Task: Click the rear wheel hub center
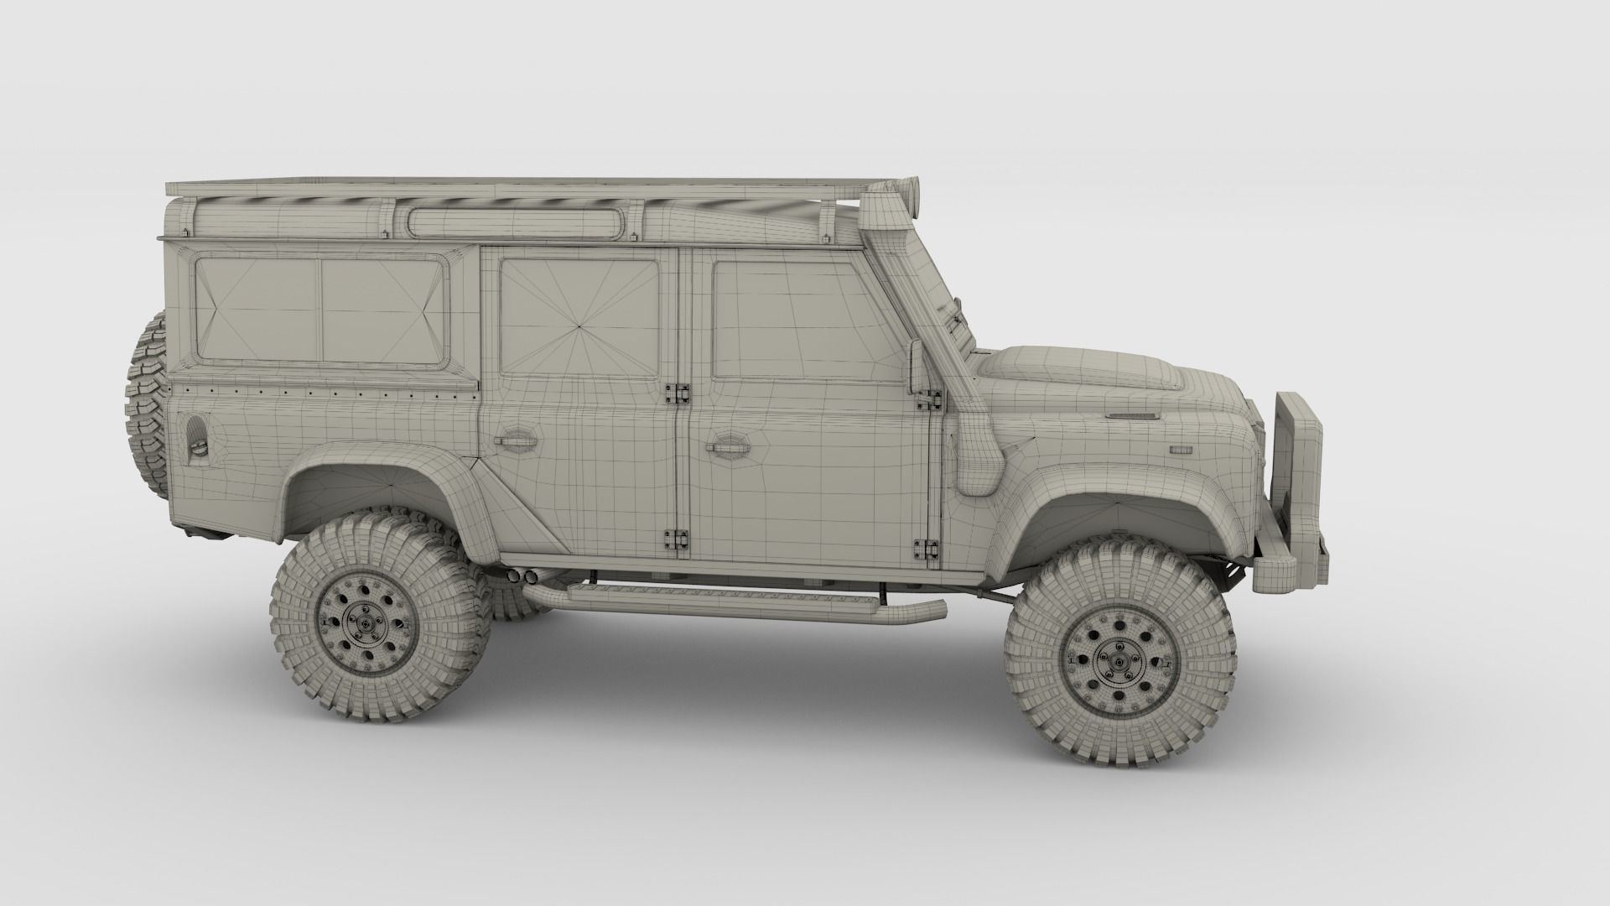pos(379,623)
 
